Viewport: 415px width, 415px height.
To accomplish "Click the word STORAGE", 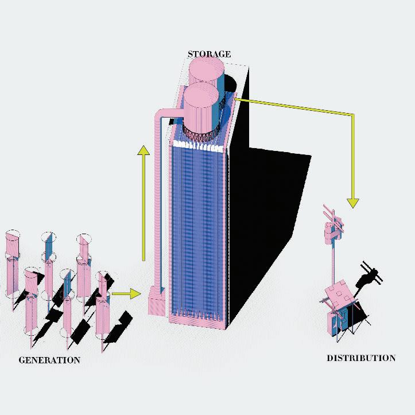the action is pos(209,55).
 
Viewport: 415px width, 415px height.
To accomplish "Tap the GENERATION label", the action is pos(49,360).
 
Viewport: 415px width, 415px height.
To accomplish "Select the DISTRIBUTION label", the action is pos(361,358).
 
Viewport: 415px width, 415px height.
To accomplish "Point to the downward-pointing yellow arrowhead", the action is pos(353,202).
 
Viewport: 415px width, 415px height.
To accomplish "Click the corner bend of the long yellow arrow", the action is pos(353,115).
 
